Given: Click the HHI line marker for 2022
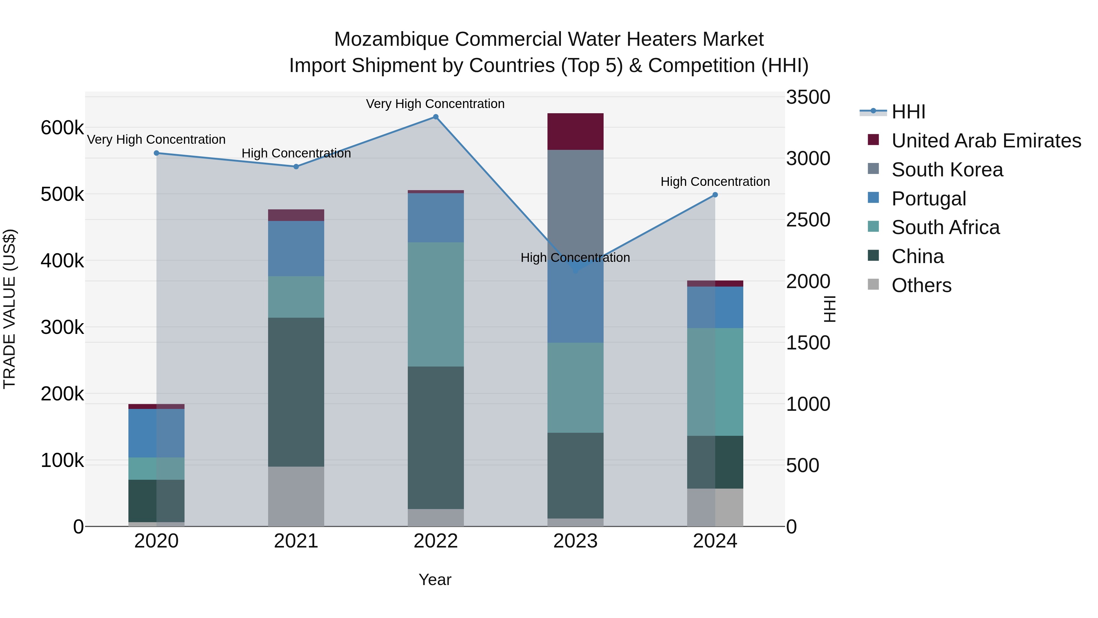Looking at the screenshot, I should pos(436,117).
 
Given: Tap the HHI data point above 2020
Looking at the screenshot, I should pos(156,153).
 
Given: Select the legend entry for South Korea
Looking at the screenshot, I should pos(947,170).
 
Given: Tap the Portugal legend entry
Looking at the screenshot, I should pos(928,199).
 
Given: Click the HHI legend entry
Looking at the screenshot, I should pos(908,112).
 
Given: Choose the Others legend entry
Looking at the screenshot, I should pos(921,285).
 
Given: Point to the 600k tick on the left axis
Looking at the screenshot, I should pos(62,128).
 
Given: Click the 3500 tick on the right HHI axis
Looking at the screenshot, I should pos(808,97).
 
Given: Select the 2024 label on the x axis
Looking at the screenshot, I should pos(715,541).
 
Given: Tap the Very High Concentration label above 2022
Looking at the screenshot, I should pos(435,104).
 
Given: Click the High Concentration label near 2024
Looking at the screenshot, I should pos(715,182).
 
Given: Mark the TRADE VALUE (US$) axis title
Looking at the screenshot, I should pos(9,309).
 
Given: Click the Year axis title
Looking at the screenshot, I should pos(435,580).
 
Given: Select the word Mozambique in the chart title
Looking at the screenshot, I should pos(391,39).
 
